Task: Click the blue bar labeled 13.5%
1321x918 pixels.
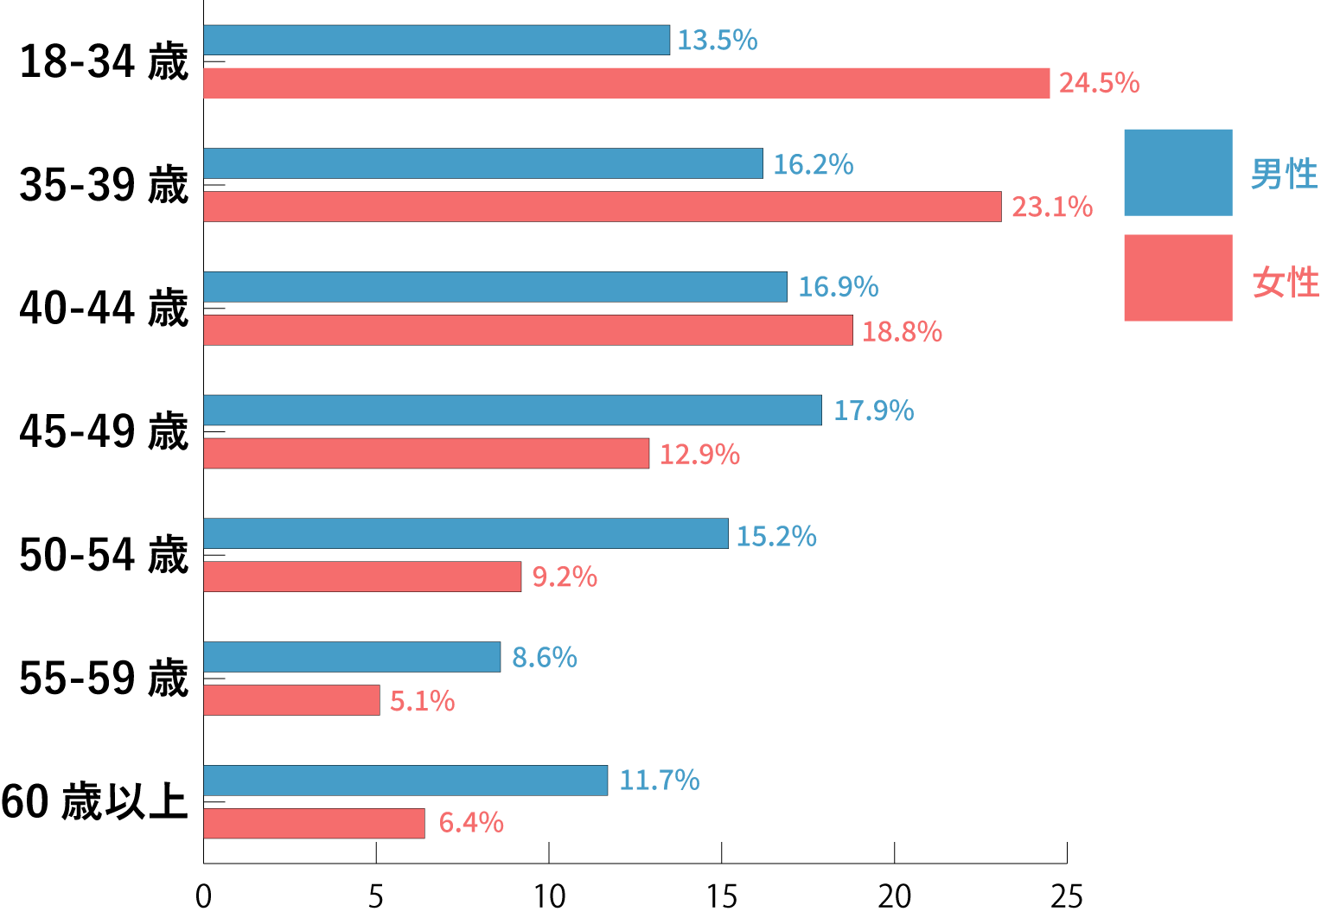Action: point(437,41)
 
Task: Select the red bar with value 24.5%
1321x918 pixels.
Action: point(627,83)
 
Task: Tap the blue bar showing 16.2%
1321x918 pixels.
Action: point(483,163)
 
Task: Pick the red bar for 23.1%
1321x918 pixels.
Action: point(603,207)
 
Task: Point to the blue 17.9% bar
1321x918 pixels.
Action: point(513,410)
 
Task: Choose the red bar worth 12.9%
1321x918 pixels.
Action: point(426,454)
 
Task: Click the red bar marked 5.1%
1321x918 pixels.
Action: point(291,700)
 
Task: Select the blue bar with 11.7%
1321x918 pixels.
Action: point(405,780)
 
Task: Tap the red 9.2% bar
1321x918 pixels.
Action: point(362,577)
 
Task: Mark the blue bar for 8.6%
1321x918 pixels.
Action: point(352,657)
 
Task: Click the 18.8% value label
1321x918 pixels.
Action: point(902,331)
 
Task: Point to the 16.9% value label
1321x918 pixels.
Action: point(838,287)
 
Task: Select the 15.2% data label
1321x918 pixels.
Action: point(775,536)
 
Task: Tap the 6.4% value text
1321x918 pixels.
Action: point(471,822)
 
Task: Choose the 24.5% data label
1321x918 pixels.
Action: point(1099,83)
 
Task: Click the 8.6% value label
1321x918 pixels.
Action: point(544,657)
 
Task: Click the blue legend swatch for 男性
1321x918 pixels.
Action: point(1177,172)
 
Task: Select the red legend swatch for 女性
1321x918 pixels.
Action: point(1177,277)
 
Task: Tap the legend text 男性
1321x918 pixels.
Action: point(1284,174)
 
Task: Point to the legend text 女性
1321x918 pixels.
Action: point(1285,282)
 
